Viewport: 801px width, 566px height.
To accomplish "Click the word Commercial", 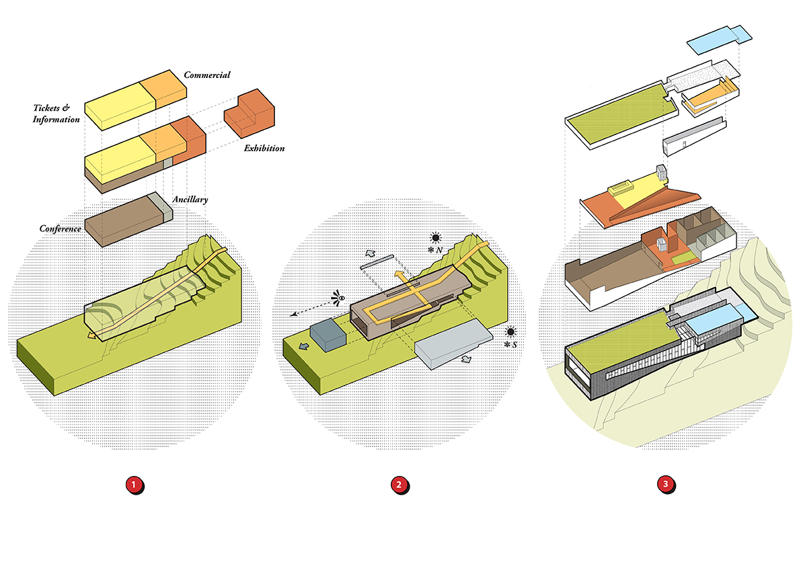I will (207, 75).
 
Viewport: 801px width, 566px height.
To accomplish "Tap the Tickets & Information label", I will (56, 114).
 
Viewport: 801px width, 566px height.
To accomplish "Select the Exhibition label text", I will (264, 148).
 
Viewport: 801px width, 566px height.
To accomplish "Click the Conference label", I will (60, 229).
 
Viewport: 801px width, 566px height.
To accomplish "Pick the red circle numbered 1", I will (135, 485).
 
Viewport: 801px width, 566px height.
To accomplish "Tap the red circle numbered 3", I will (666, 485).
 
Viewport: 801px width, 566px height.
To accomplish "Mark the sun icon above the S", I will (511, 332).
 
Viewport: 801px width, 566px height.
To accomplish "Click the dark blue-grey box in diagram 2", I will (328, 335).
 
